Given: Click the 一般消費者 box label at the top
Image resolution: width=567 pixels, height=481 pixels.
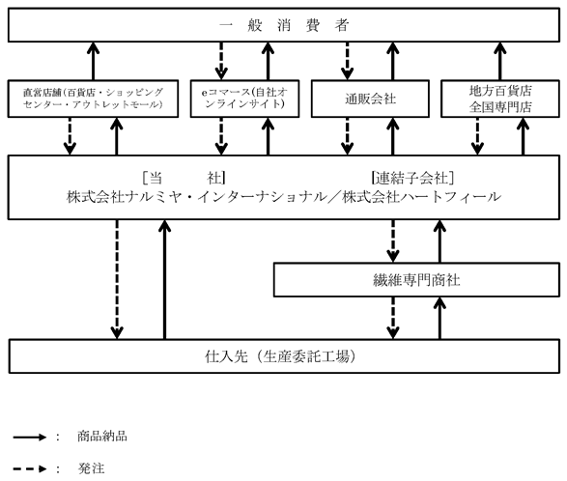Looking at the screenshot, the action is click(x=284, y=25).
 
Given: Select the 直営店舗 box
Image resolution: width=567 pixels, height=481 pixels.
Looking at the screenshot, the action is click(x=93, y=99).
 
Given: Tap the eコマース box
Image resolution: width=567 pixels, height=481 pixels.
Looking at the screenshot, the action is click(x=244, y=99).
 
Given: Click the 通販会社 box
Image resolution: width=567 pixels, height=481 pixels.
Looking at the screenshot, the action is click(x=370, y=99).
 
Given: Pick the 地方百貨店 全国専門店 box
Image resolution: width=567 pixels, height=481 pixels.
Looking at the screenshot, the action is click(x=500, y=99).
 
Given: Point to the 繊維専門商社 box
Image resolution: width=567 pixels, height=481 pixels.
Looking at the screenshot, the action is click(x=416, y=280).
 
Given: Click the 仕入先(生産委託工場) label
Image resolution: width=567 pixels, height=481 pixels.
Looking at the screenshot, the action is click(x=280, y=356).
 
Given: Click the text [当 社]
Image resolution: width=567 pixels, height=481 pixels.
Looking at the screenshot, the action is click(x=184, y=178).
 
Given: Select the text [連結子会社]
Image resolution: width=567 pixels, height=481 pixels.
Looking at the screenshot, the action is click(x=412, y=178).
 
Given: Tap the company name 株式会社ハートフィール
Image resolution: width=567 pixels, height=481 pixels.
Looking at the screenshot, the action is click(x=422, y=197).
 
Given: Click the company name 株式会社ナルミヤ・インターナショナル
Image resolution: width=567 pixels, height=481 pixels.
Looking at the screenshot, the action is click(x=196, y=197).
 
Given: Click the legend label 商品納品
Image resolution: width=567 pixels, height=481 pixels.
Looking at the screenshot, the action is click(x=102, y=437).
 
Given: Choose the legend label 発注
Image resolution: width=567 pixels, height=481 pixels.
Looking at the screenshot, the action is click(x=91, y=468).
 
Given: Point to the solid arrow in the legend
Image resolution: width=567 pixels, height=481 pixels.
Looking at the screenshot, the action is click(x=30, y=438).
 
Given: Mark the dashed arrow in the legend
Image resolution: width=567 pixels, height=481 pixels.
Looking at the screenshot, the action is click(x=30, y=469).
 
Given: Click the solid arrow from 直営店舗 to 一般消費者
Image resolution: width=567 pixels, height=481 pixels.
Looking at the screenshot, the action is click(x=94, y=61).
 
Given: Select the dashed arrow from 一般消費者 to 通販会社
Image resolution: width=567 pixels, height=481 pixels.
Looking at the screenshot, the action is click(x=347, y=61).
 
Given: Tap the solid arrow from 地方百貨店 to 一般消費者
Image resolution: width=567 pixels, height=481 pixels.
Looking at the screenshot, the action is click(x=500, y=61).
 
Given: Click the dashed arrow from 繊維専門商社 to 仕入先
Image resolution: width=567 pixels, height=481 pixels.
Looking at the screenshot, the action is click(x=393, y=318).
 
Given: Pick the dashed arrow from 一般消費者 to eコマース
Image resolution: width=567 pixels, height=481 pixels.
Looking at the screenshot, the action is click(x=221, y=61).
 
